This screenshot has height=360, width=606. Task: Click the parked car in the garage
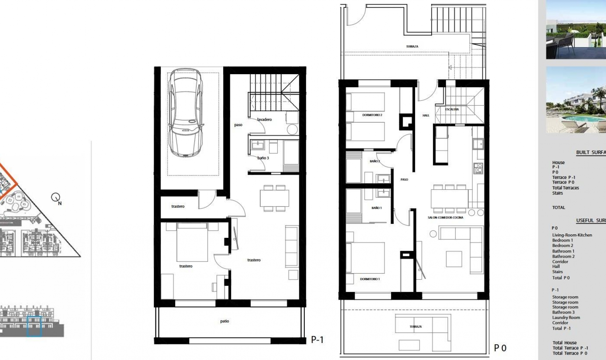click(x=185, y=113)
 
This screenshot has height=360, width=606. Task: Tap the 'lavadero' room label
click(x=264, y=120)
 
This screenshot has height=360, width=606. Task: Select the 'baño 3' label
click(x=263, y=158)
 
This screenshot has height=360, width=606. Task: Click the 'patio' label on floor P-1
click(x=224, y=321)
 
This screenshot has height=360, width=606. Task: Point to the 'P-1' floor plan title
click(x=317, y=340)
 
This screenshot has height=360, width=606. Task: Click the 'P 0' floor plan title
click(x=500, y=348)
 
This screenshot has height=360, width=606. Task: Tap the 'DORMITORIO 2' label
click(x=372, y=115)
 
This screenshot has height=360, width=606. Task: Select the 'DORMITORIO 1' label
click(x=370, y=279)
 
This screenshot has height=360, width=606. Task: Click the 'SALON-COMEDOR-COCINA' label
click(x=445, y=218)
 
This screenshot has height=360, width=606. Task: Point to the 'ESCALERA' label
click(x=452, y=109)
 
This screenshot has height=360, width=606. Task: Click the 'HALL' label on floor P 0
click(x=426, y=116)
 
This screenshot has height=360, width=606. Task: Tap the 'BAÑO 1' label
click(x=376, y=208)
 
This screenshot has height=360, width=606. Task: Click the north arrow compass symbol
click(x=56, y=198)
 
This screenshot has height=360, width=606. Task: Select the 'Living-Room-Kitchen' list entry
click(x=572, y=235)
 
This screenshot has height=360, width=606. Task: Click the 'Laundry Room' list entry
click(x=566, y=318)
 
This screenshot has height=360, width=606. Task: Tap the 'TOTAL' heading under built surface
click(x=558, y=207)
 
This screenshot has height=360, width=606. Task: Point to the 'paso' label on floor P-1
click(x=238, y=125)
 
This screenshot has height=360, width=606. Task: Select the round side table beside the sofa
click(x=433, y=234)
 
